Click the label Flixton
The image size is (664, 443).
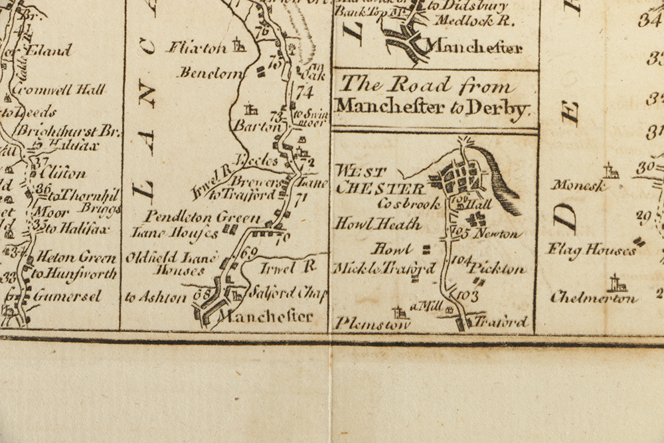click(197, 48)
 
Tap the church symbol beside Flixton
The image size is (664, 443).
click(239, 46)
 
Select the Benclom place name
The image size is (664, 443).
click(210, 73)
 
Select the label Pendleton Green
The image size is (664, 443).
click(194, 217)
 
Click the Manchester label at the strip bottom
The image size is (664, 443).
click(267, 316)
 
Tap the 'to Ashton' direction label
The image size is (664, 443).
click(155, 298)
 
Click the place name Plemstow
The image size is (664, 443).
click(363, 324)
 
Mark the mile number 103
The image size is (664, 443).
click(467, 296)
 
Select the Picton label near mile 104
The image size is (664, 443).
click(497, 269)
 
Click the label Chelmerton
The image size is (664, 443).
click(594, 299)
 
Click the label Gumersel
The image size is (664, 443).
click(68, 296)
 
